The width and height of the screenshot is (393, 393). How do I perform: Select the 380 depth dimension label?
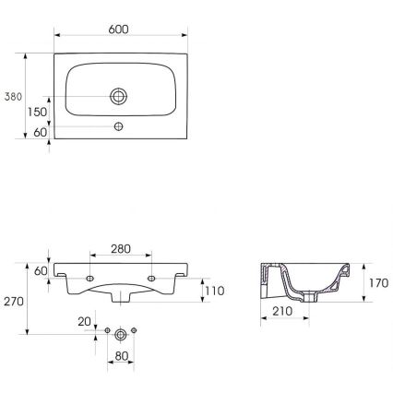[x=13, y=96]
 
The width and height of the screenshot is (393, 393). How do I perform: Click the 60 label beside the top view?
[x=39, y=133]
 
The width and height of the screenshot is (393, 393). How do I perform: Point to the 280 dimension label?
[x=121, y=249]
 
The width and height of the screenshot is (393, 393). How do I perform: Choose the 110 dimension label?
[x=214, y=291]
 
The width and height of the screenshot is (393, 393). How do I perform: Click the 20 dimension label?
[x=85, y=321]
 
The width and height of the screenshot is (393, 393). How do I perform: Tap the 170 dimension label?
[x=376, y=284]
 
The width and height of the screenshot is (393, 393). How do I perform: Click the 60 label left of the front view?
[x=39, y=270]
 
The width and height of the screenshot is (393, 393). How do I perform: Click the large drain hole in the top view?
[x=119, y=95]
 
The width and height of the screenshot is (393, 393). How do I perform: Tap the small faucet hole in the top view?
[x=119, y=125]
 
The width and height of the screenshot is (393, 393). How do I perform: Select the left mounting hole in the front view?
[x=90, y=278]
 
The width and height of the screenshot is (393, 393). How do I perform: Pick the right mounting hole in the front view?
[x=151, y=278]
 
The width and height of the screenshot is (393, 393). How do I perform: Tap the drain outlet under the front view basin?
[x=121, y=297]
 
